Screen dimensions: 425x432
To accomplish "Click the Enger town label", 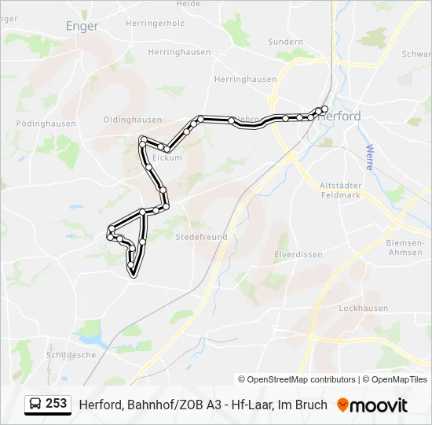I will pos(82,26).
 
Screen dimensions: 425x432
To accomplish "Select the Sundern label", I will pos(285,42).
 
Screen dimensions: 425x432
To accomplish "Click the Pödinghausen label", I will pos(46,124).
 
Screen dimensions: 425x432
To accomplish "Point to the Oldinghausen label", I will pos(133,120).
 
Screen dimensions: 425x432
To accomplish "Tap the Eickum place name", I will pos(167,157).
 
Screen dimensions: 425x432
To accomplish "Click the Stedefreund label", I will pos(201,236).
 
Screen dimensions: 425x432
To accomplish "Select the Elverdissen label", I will pos(298,254).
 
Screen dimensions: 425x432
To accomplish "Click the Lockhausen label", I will pos(364,309).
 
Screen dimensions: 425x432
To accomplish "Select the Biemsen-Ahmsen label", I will pos(405,247).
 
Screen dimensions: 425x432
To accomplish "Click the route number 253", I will pos(56,403).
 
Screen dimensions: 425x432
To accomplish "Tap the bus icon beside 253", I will pos(35,404).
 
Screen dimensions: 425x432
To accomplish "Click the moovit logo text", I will pos(379,405).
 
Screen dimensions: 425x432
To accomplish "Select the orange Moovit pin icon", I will pos(342,405).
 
